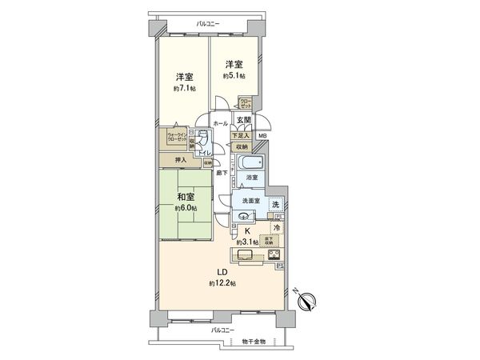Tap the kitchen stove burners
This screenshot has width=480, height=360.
[270, 255]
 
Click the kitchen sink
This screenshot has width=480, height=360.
[243, 255]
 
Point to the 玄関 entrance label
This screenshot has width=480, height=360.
[244, 120]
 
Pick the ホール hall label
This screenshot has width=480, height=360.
[219, 124]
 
